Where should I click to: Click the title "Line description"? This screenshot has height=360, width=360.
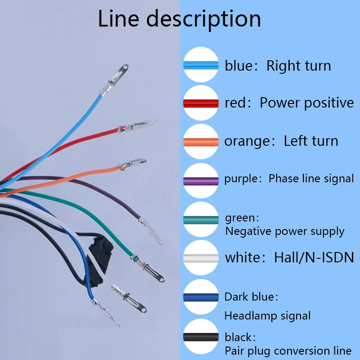(180, 19)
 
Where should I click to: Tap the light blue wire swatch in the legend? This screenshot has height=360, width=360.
(201, 65)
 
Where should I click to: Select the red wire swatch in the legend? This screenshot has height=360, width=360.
(201, 103)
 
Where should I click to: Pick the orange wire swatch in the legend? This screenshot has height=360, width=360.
(201, 141)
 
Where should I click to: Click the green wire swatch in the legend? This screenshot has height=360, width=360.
(201, 219)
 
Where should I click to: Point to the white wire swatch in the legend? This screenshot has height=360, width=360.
(201, 258)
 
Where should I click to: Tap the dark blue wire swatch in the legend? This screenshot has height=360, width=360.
(201, 297)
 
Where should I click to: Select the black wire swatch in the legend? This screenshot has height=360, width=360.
(201, 337)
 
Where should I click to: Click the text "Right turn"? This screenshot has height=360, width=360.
(298, 66)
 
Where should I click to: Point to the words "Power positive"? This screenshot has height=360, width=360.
(306, 103)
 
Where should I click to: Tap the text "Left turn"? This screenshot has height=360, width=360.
(310, 141)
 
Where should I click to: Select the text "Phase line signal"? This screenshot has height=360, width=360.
(311, 179)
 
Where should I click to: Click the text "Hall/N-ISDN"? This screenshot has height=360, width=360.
(314, 258)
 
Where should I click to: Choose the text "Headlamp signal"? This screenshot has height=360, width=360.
(267, 316)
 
